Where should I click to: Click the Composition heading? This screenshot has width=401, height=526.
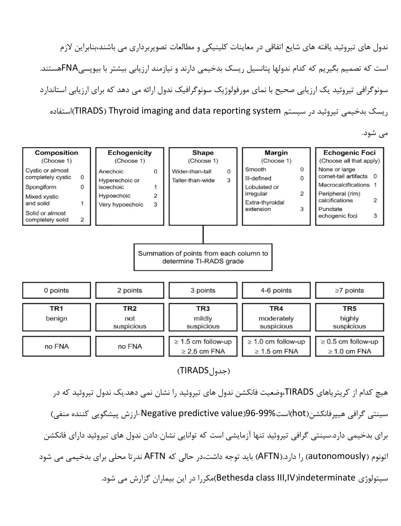click(57, 153)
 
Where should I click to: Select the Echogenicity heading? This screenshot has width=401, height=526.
click(130, 153)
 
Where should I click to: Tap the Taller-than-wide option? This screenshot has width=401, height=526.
click(193, 180)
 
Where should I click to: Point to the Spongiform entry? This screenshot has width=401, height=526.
click(41, 187)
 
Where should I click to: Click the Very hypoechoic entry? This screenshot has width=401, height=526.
click(121, 204)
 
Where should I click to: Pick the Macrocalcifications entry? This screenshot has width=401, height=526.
click(344, 185)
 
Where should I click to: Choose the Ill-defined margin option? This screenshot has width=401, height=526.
click(258, 178)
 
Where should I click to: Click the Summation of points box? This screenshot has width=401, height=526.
click(203, 257)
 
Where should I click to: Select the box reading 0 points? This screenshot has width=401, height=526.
click(57, 290)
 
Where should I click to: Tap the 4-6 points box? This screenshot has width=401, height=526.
click(276, 290)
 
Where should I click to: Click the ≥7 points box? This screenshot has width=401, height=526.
click(349, 290)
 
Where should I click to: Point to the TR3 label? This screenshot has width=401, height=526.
click(203, 308)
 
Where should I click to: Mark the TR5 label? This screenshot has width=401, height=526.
click(349, 308)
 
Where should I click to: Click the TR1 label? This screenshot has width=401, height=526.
click(57, 308)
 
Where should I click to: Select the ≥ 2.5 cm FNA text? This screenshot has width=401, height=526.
click(203, 351)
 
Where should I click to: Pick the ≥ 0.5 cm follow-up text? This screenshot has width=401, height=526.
click(349, 342)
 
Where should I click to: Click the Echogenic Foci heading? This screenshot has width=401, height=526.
click(349, 153)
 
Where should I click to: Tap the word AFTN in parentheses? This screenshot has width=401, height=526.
click(268, 456)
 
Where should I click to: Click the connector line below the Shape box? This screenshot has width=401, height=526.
click(203, 235)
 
